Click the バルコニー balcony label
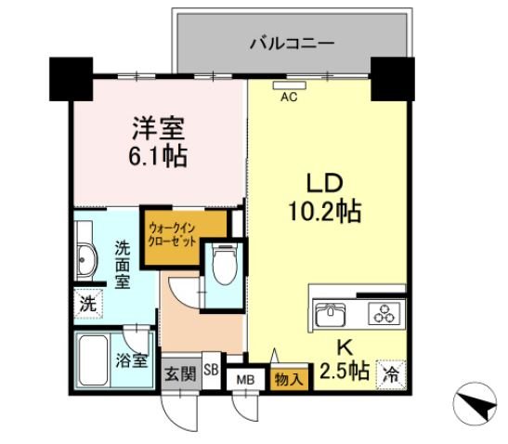click(292, 44)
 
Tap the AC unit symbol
click(290, 85)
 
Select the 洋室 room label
click(159, 128)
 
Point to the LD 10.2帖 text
click(325, 198)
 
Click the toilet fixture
click(225, 264)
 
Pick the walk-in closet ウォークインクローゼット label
click(172, 235)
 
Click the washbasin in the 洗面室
click(85, 260)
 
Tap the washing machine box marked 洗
click(88, 304)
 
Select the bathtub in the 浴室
click(93, 360)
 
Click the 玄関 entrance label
click(180, 374)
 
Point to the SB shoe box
click(211, 370)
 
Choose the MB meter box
click(245, 380)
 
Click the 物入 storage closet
click(289, 378)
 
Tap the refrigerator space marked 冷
click(391, 375)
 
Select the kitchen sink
click(331, 314)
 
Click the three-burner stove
click(384, 314)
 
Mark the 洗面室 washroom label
click(123, 265)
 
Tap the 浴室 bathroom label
click(132, 360)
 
